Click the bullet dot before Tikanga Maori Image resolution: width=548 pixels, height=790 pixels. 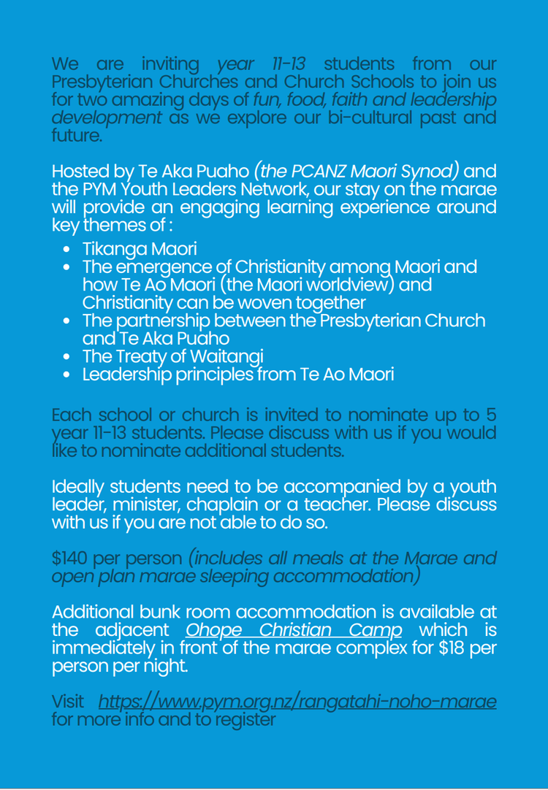[67, 250]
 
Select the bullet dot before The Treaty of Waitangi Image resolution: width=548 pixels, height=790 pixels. [67, 358]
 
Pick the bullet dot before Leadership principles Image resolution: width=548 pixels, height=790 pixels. [67, 376]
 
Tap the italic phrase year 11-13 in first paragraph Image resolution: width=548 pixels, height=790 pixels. [262, 64]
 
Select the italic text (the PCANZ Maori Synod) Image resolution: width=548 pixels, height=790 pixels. [357, 172]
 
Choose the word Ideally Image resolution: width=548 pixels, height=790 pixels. [77, 487]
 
